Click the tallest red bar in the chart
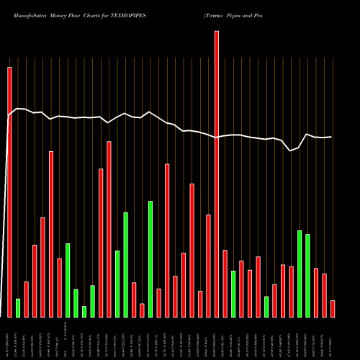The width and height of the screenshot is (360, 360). click(x=217, y=173)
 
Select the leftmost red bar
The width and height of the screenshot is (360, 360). click(x=9, y=192)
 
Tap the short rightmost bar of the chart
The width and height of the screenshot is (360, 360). click(x=333, y=308)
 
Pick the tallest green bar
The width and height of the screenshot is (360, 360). click(x=150, y=258)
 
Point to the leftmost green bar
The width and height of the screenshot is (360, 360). click(x=18, y=307)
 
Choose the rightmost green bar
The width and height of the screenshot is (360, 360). click(x=307, y=275)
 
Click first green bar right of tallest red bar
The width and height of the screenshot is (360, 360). click(x=233, y=294)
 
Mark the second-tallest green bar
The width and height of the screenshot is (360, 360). click(x=125, y=264)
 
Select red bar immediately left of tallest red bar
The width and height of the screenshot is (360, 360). click(x=208, y=266)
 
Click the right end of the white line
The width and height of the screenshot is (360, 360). click(x=331, y=137)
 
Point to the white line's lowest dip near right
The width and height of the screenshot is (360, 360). click(x=290, y=150)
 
